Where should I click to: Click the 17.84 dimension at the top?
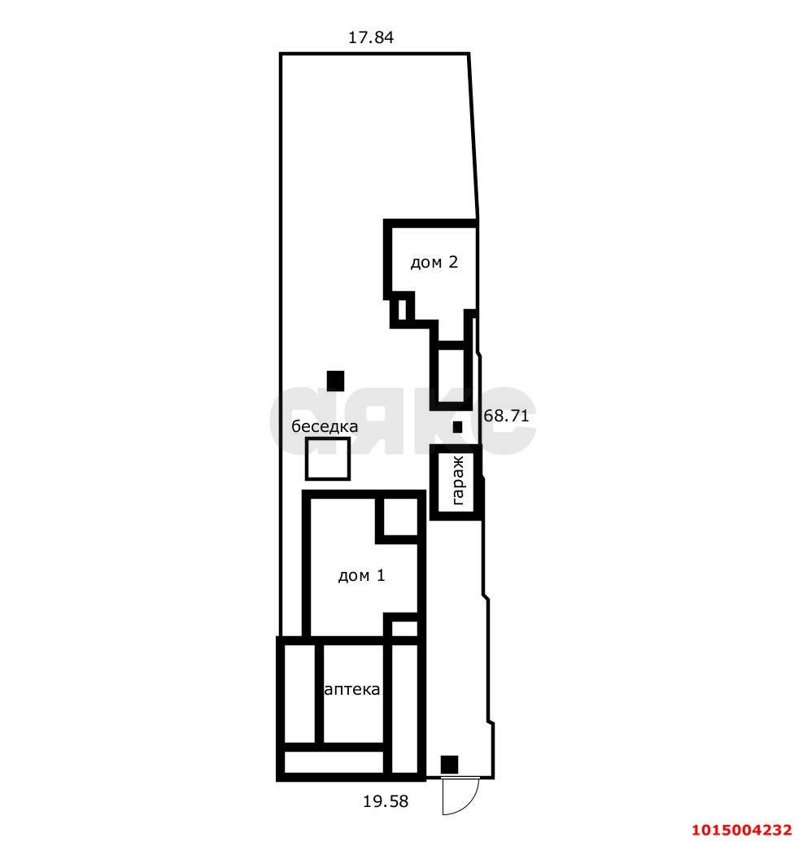pyautogui.click(x=370, y=37)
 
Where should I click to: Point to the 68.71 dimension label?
pyautogui.click(x=506, y=416)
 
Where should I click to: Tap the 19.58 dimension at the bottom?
pyautogui.click(x=386, y=801)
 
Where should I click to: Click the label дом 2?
pyautogui.click(x=434, y=262)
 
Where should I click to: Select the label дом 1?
pyautogui.click(x=361, y=576)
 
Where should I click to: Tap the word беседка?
pyautogui.click(x=325, y=426)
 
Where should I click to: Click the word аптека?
pyautogui.click(x=352, y=690)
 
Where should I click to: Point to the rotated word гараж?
pyautogui.click(x=458, y=481)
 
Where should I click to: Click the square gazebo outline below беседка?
pyautogui.click(x=328, y=438)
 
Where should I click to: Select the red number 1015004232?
pyautogui.click(x=741, y=830)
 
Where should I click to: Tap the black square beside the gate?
pyautogui.click(x=449, y=765)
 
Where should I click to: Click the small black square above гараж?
pyautogui.click(x=457, y=427)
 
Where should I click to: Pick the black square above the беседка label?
pyautogui.click(x=336, y=381)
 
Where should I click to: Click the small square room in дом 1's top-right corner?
pyautogui.click(x=400, y=517)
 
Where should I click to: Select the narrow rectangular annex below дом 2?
pyautogui.click(x=451, y=375)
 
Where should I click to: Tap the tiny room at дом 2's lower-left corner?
pyautogui.click(x=402, y=310)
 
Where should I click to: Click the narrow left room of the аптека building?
pyautogui.click(x=299, y=693)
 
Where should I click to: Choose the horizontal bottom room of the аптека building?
pyautogui.click(x=334, y=762)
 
